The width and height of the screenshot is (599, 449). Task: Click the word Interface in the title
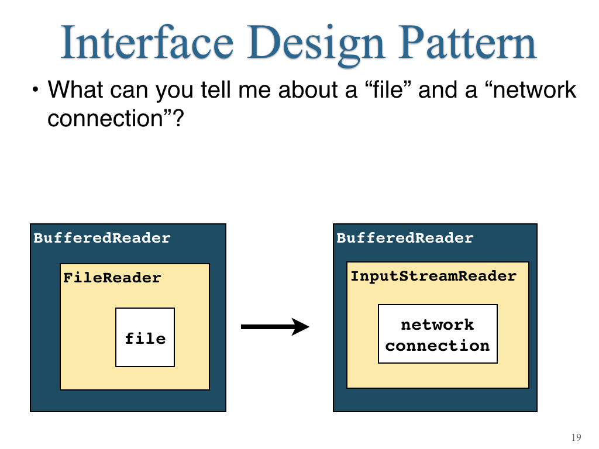pyautogui.click(x=147, y=42)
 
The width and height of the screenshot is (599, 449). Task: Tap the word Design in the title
pyautogui.click(x=315, y=46)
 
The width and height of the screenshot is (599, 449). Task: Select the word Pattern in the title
pyautogui.click(x=467, y=42)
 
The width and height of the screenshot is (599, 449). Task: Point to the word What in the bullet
pyautogui.click(x=75, y=90)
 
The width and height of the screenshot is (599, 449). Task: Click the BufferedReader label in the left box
pyautogui.click(x=102, y=238)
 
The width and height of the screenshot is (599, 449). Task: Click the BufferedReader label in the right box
pyautogui.click(x=405, y=238)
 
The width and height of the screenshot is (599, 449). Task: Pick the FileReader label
pyautogui.click(x=112, y=278)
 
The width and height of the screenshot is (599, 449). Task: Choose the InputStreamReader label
pyautogui.click(x=433, y=277)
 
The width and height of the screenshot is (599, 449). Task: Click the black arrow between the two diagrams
pyautogui.click(x=275, y=326)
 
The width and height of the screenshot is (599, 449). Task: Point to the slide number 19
pyautogui.click(x=576, y=437)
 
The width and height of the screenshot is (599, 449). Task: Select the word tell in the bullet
pyautogui.click(x=215, y=90)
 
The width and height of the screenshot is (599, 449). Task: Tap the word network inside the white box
pyautogui.click(x=438, y=325)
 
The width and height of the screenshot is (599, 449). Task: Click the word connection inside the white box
pyautogui.click(x=438, y=346)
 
